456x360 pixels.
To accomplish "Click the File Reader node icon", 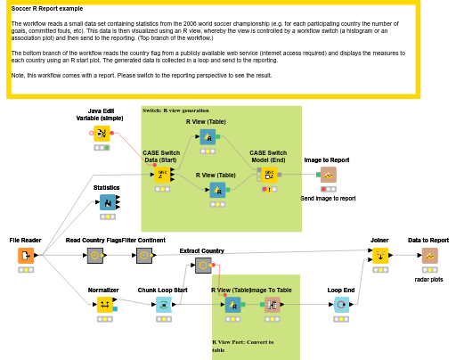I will tap(26, 256).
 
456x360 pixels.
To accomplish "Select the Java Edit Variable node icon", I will tap(102, 134).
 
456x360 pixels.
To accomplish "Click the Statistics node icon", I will tap(107, 202).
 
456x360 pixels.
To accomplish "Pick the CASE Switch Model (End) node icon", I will tap(268, 174).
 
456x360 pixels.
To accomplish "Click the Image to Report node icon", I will tap(328, 175).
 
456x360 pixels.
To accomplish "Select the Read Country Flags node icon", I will tap(94, 256).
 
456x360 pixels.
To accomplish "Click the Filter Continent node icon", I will tap(143, 256).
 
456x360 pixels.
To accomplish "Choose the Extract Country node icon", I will tap(203, 266).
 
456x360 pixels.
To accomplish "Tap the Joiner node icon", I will tap(379, 256).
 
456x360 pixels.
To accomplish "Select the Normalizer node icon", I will tap(103, 306).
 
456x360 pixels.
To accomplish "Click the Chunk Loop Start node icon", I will tap(163, 306).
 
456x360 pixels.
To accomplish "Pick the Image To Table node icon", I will tap(272, 306).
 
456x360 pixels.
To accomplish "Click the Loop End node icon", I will tap(341, 306).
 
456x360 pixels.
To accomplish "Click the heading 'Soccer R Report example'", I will tap(46, 8).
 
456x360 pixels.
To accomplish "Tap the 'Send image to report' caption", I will tap(328, 199).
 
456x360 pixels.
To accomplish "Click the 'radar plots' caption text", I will tap(428, 279).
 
